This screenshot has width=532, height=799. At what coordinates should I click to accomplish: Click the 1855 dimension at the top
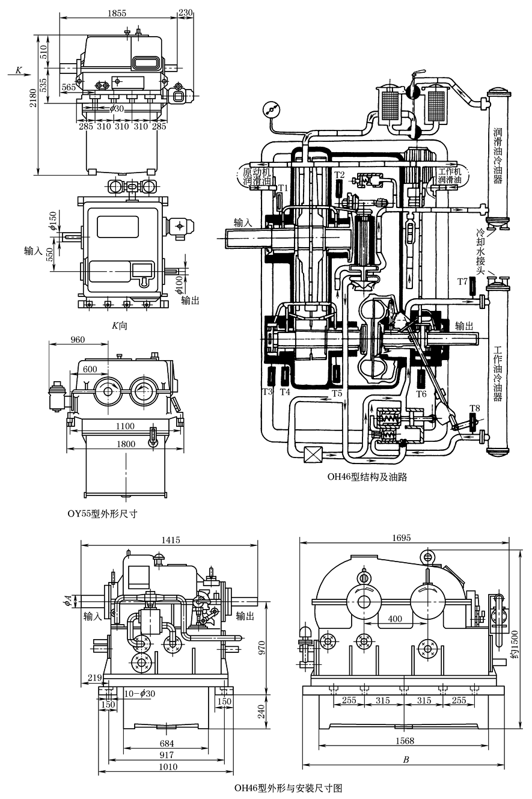pos(118,12)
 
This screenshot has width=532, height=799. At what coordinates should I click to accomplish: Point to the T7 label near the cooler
pos(463,281)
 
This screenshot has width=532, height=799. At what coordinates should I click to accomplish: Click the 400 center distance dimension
pos(395,619)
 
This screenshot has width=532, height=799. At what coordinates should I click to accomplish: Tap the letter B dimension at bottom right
pos(406,760)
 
